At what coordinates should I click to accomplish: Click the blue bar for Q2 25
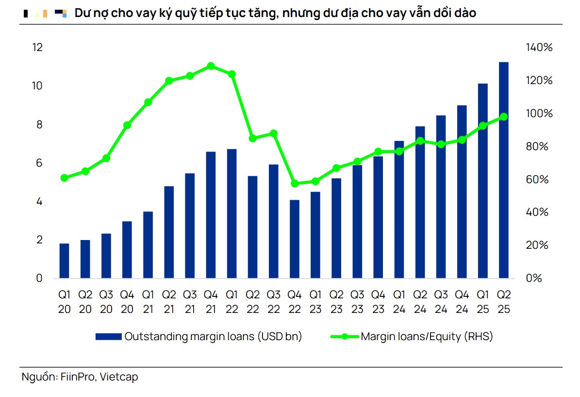pos(504,170)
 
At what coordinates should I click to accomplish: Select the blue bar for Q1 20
pos(65,261)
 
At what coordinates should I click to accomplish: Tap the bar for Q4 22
pos(294,239)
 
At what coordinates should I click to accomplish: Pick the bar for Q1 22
pos(232,214)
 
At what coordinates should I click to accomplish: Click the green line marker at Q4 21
pos(211,66)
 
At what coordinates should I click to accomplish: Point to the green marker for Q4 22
pos(294,184)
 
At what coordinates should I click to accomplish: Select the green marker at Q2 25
pos(504,117)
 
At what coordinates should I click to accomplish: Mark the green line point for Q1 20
pos(65,178)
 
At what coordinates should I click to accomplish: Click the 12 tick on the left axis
pos(37,48)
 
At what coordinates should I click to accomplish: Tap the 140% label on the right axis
pos(539,48)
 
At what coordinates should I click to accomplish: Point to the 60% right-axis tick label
pos(537,180)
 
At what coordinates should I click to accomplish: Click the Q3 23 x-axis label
pos(357,302)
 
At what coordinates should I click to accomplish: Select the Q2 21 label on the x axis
pos(169,302)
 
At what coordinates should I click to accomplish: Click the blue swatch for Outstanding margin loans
pos(108,337)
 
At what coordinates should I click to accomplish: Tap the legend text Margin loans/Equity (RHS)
pos(427,337)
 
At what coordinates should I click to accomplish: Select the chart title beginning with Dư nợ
pos(275,13)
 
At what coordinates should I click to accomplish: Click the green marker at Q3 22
pos(273,133)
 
